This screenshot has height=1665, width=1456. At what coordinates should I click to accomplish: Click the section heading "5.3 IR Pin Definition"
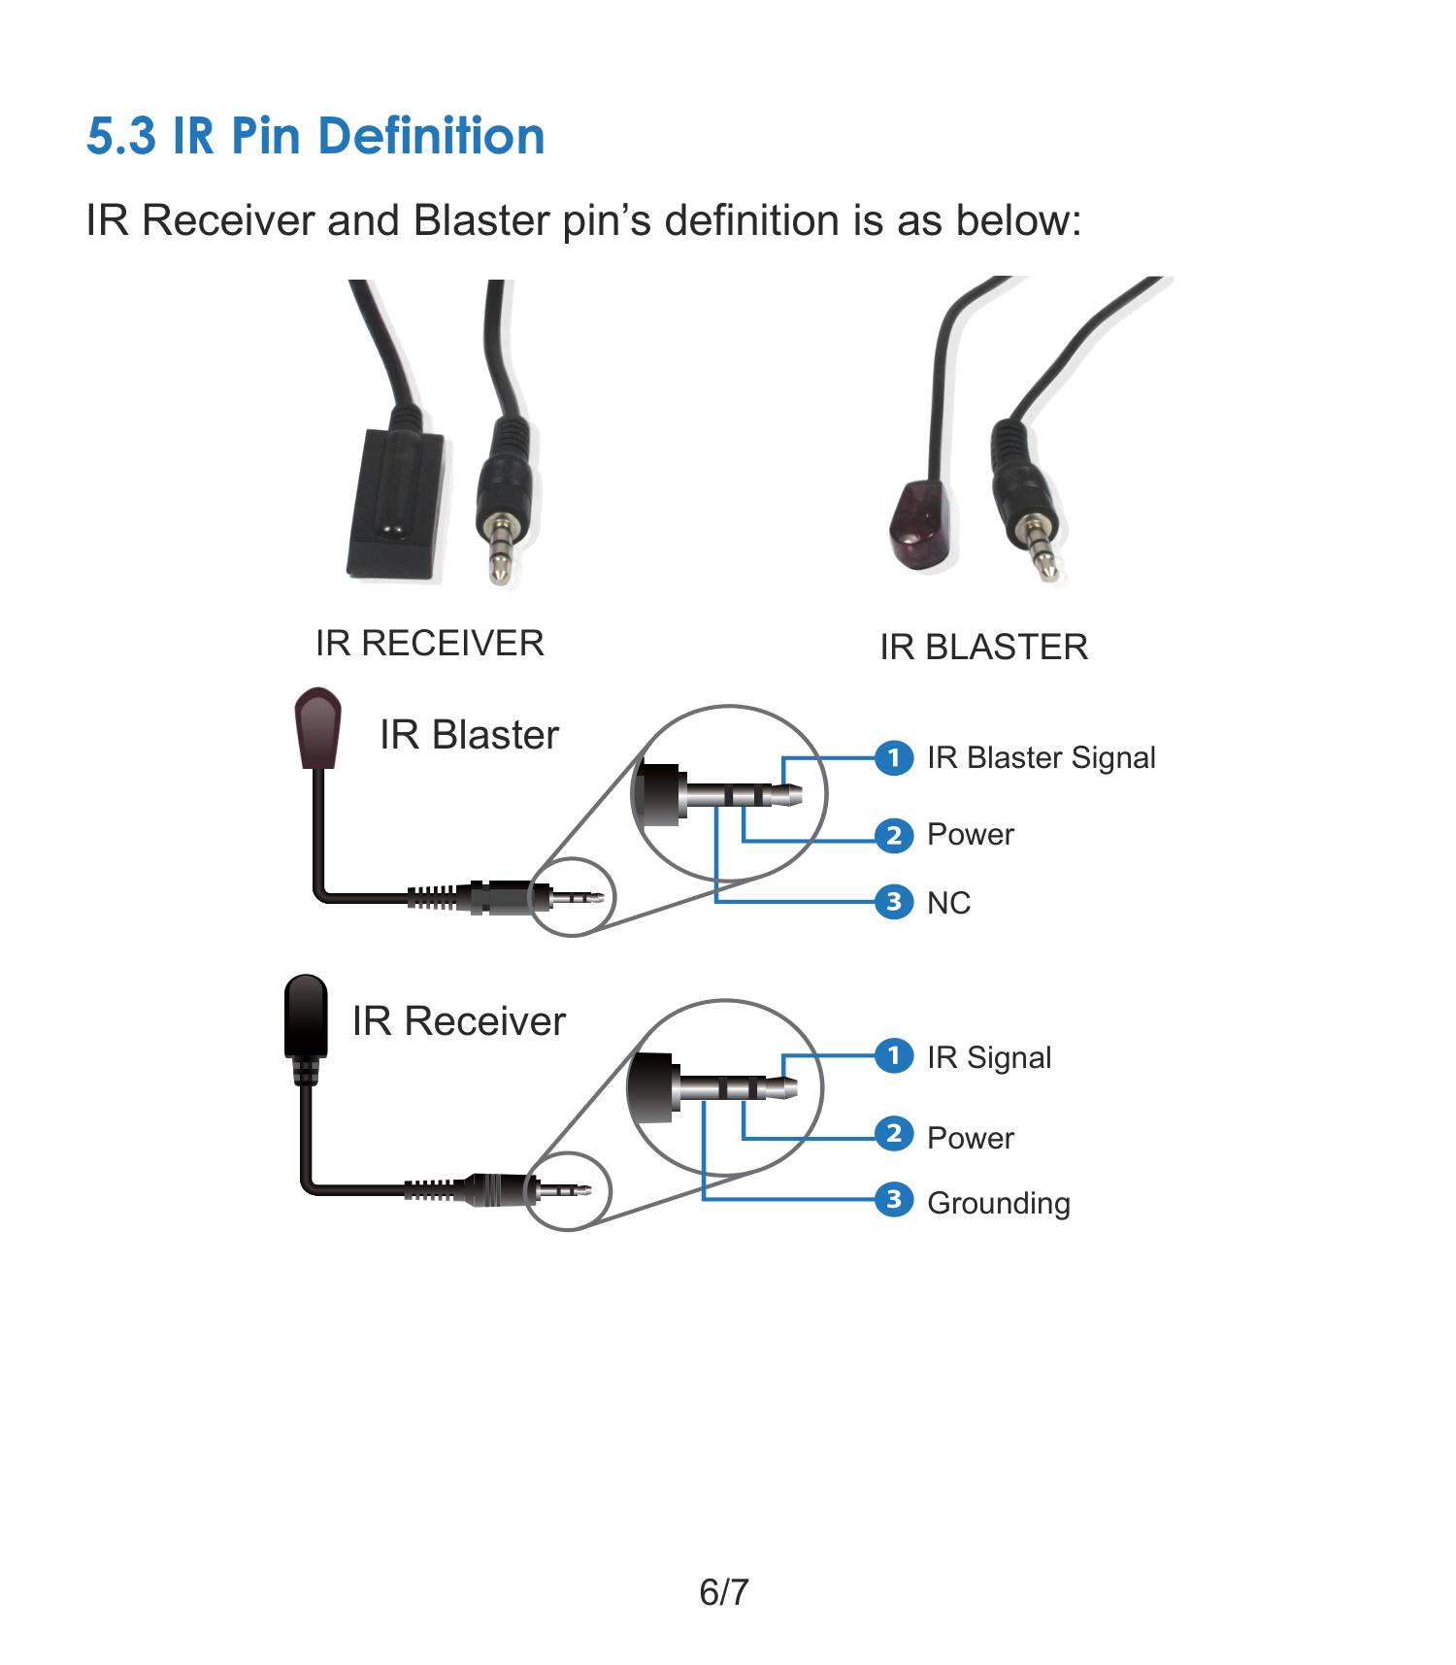coord(315,136)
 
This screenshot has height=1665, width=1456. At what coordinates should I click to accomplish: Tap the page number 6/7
coord(724,1592)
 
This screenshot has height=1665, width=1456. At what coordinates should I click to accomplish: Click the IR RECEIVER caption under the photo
coord(430,643)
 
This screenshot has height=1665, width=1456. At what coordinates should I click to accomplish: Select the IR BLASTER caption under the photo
coord(984,647)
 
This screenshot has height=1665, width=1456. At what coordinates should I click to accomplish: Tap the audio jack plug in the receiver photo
coord(504,500)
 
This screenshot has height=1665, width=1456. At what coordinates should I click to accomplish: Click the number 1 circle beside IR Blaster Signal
coord(894,757)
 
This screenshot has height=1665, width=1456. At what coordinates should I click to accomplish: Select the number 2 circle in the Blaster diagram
coord(894,835)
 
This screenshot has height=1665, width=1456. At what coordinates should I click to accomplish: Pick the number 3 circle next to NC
coord(894,902)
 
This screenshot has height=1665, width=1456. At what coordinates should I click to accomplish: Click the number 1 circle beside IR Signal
coord(894,1055)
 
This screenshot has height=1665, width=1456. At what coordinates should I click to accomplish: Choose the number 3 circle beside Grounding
coord(894,1200)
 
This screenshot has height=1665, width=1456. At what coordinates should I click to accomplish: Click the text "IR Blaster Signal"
coord(1042,757)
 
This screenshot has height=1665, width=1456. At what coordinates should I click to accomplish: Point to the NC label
coord(949,903)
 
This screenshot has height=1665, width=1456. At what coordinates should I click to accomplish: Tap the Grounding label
coord(999,1204)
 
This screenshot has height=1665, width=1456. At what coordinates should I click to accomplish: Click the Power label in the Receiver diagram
coord(971,1138)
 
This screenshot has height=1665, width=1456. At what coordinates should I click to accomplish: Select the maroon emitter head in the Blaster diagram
coord(318,728)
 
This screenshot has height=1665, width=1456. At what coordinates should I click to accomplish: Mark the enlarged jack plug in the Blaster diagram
coord(718,795)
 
